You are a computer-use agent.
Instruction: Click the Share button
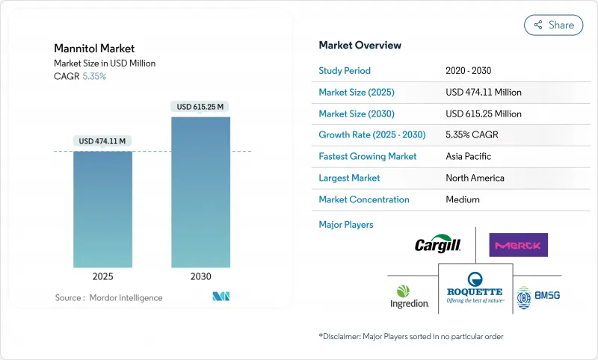553,25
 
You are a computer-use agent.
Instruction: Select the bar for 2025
102,209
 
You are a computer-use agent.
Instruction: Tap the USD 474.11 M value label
102,141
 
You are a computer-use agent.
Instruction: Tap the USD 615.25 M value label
200,107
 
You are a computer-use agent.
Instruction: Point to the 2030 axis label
200,276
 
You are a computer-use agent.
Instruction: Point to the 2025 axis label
102,276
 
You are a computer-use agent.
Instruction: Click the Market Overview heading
360,45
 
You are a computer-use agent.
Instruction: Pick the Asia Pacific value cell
469,157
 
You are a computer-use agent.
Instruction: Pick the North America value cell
475,178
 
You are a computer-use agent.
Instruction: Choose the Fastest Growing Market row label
368,157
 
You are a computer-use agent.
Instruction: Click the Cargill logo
437,245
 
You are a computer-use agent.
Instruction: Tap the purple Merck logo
518,245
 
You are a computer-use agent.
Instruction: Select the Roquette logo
475,287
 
